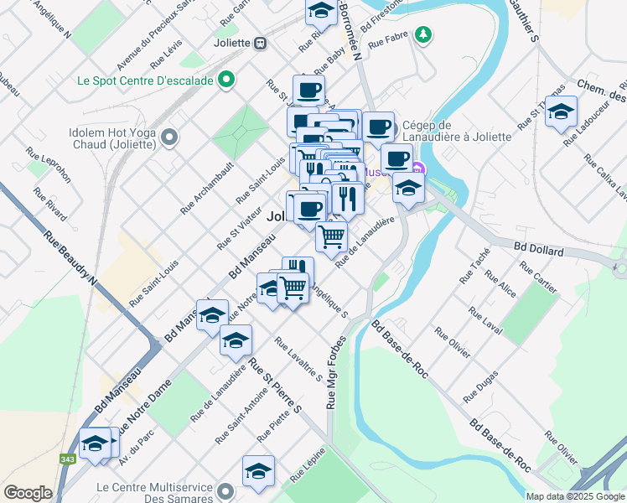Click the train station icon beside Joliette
262,43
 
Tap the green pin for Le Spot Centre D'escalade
225,81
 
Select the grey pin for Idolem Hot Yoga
170,137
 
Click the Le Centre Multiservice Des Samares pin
225,491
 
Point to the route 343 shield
67,459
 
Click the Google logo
28,493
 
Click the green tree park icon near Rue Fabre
424,34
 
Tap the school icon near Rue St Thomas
560,111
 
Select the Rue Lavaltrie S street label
298,359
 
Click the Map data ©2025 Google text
575,496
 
